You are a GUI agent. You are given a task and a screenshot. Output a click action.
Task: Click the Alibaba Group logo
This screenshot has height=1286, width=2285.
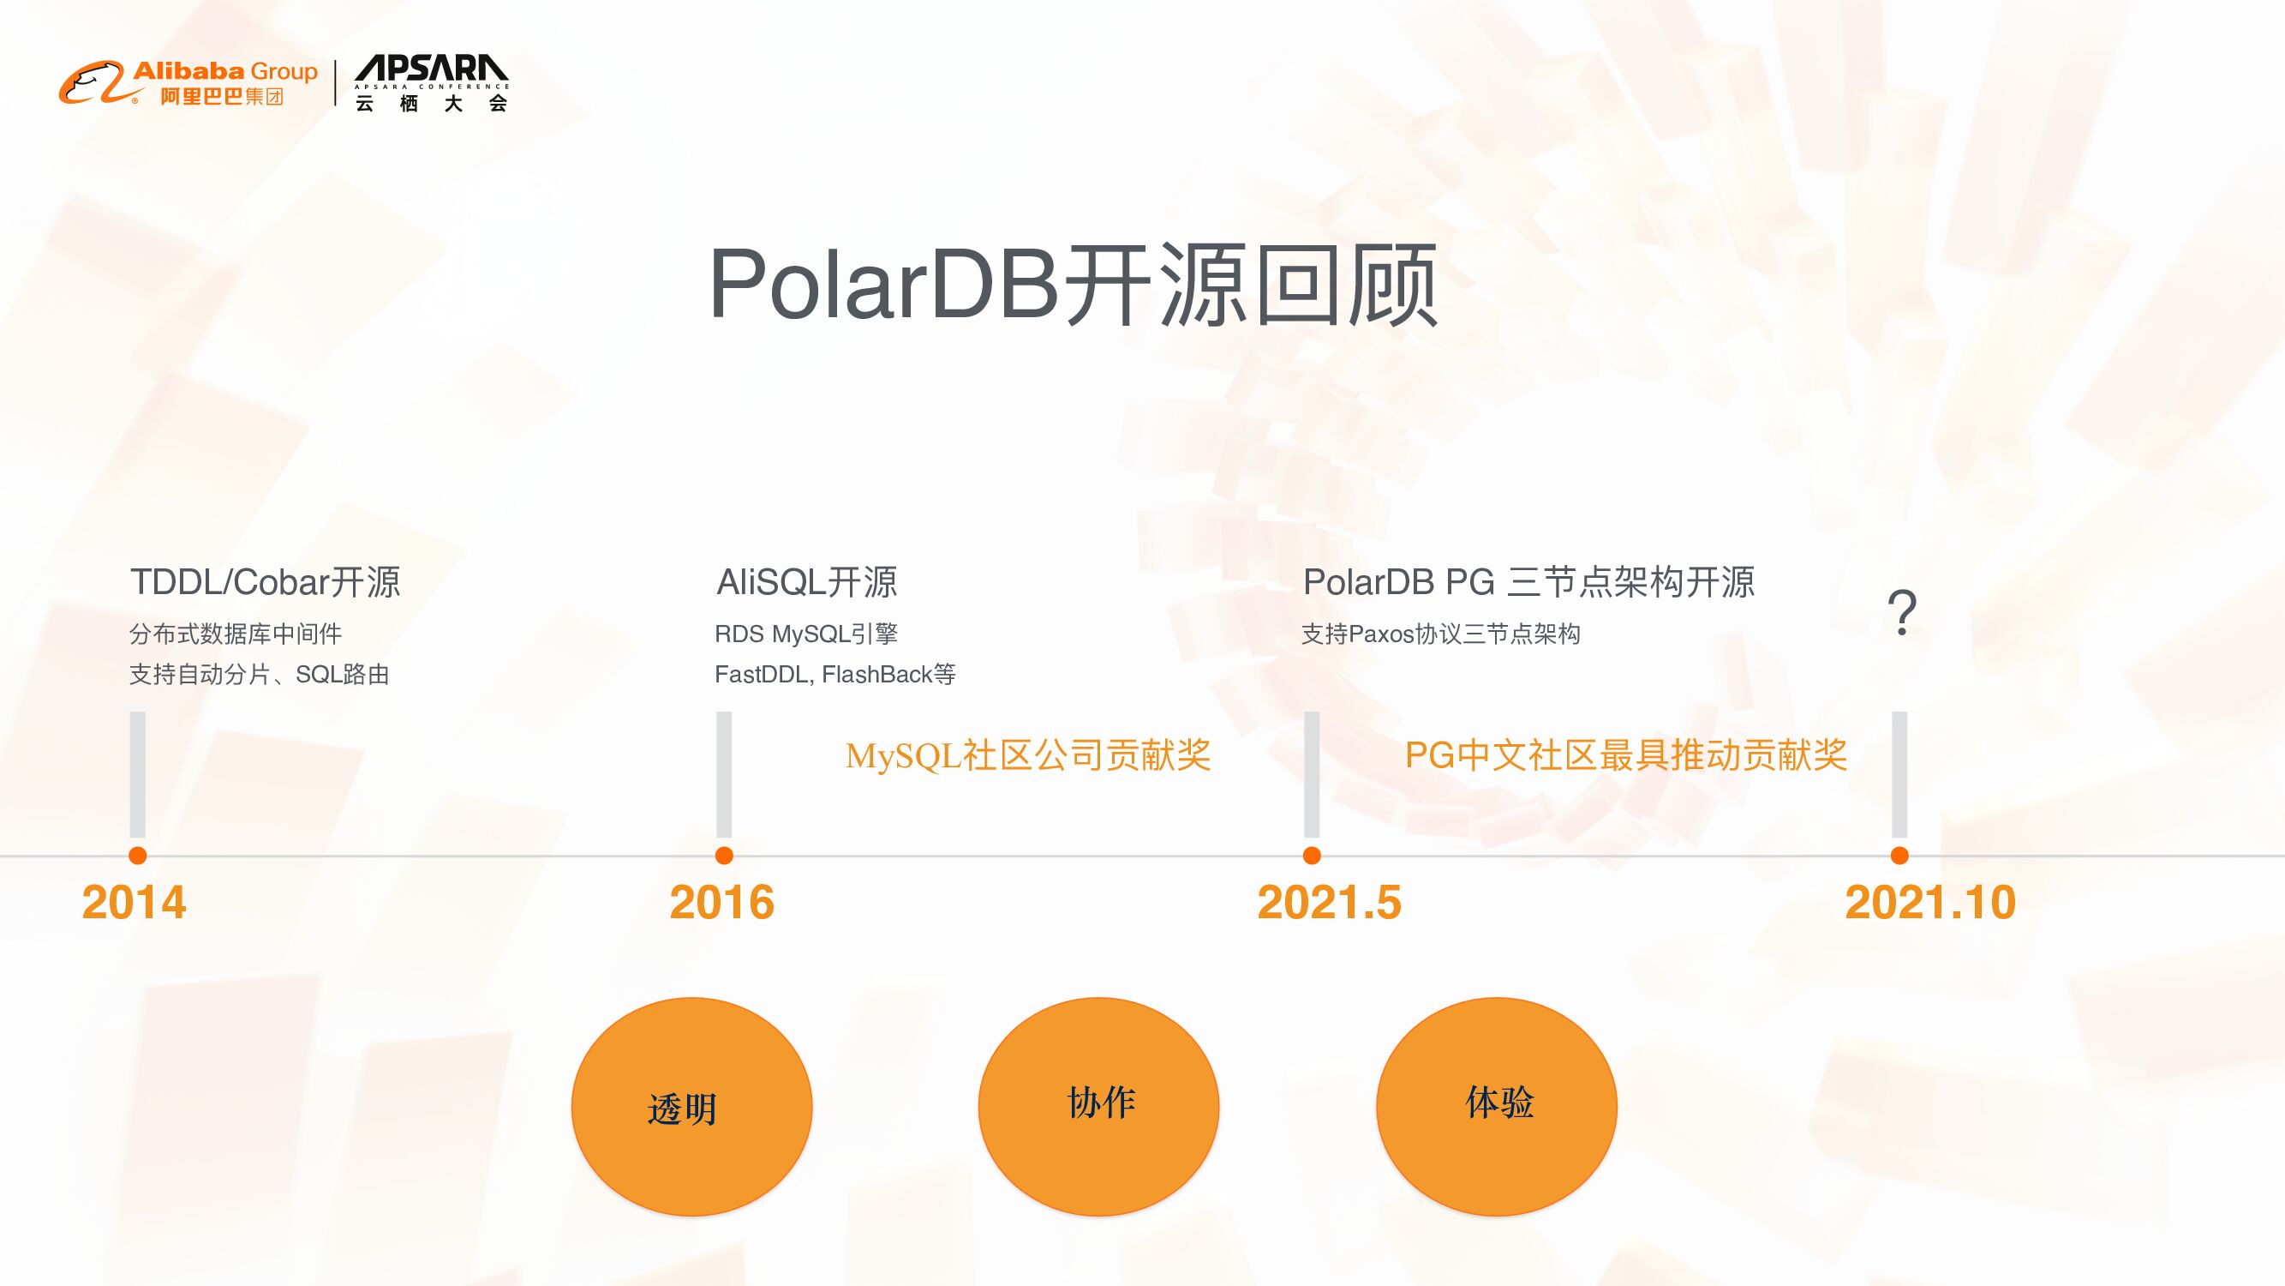[188, 82]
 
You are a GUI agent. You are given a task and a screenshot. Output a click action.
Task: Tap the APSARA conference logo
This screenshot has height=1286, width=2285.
[431, 82]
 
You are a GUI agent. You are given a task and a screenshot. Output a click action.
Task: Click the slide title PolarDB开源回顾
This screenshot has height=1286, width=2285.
[1073, 284]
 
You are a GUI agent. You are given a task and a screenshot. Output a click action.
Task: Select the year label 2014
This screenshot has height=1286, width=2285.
[134, 903]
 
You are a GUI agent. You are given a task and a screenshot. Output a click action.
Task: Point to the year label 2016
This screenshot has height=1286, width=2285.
[721, 903]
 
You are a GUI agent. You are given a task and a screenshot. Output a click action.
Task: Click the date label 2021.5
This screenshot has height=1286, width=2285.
[1329, 903]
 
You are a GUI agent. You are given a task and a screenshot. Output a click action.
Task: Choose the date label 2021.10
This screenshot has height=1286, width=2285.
[1930, 903]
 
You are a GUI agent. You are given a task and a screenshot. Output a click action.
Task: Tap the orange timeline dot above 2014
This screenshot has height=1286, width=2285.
[137, 856]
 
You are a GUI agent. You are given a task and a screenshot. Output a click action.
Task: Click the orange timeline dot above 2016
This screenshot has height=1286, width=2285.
[724, 856]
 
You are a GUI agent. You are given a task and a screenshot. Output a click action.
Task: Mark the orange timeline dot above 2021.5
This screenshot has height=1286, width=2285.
[1312, 856]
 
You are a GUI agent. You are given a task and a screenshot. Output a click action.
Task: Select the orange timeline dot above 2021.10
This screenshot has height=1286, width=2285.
[1899, 856]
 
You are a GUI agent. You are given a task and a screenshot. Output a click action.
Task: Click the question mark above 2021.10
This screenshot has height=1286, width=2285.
[1902, 612]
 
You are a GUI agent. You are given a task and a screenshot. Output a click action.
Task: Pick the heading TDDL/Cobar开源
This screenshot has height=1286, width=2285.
[266, 582]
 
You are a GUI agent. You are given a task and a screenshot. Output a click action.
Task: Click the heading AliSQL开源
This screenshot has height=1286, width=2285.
[806, 582]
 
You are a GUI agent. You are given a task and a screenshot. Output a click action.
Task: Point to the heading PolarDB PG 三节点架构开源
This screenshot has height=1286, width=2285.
[1528, 582]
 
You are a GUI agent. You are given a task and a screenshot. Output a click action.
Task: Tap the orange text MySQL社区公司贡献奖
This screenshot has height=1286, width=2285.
[1028, 756]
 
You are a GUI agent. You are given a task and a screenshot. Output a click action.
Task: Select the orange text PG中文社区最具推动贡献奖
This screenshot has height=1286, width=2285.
[1626, 756]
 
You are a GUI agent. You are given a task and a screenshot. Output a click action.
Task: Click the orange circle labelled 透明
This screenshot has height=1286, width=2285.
[692, 1107]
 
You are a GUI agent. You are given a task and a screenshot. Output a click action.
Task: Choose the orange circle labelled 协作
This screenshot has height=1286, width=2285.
[1098, 1107]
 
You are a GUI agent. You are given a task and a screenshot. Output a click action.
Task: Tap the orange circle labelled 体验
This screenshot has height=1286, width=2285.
[1497, 1107]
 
